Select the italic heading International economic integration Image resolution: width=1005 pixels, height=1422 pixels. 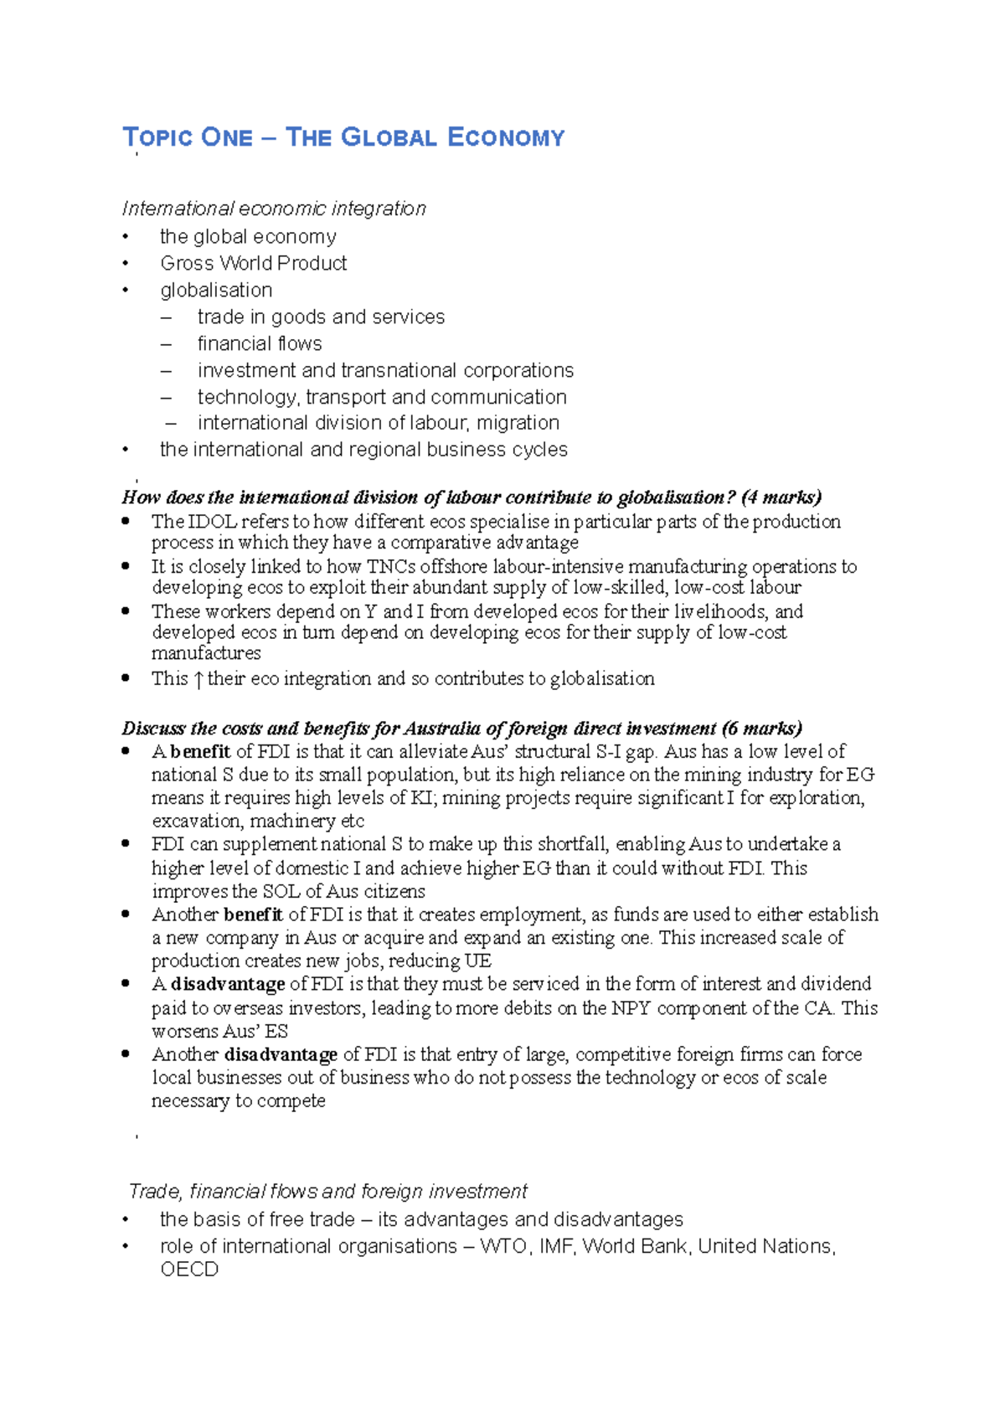coord(274,209)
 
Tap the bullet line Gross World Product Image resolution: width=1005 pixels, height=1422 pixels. coord(253,263)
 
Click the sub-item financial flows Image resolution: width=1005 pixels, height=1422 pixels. coord(260,343)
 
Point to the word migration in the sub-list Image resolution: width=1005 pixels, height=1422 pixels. coord(518,423)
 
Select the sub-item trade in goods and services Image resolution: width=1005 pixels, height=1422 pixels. coord(321,317)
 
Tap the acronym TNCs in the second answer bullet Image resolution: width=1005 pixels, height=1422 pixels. coord(391,567)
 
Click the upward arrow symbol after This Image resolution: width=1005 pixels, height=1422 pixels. coord(198,679)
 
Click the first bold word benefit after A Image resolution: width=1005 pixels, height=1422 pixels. coord(200,751)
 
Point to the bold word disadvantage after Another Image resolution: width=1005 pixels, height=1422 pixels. coord(281,1054)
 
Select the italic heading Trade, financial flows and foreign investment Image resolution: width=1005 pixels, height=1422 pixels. coord(327,1191)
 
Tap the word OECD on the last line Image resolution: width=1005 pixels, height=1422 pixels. coord(189,1270)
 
